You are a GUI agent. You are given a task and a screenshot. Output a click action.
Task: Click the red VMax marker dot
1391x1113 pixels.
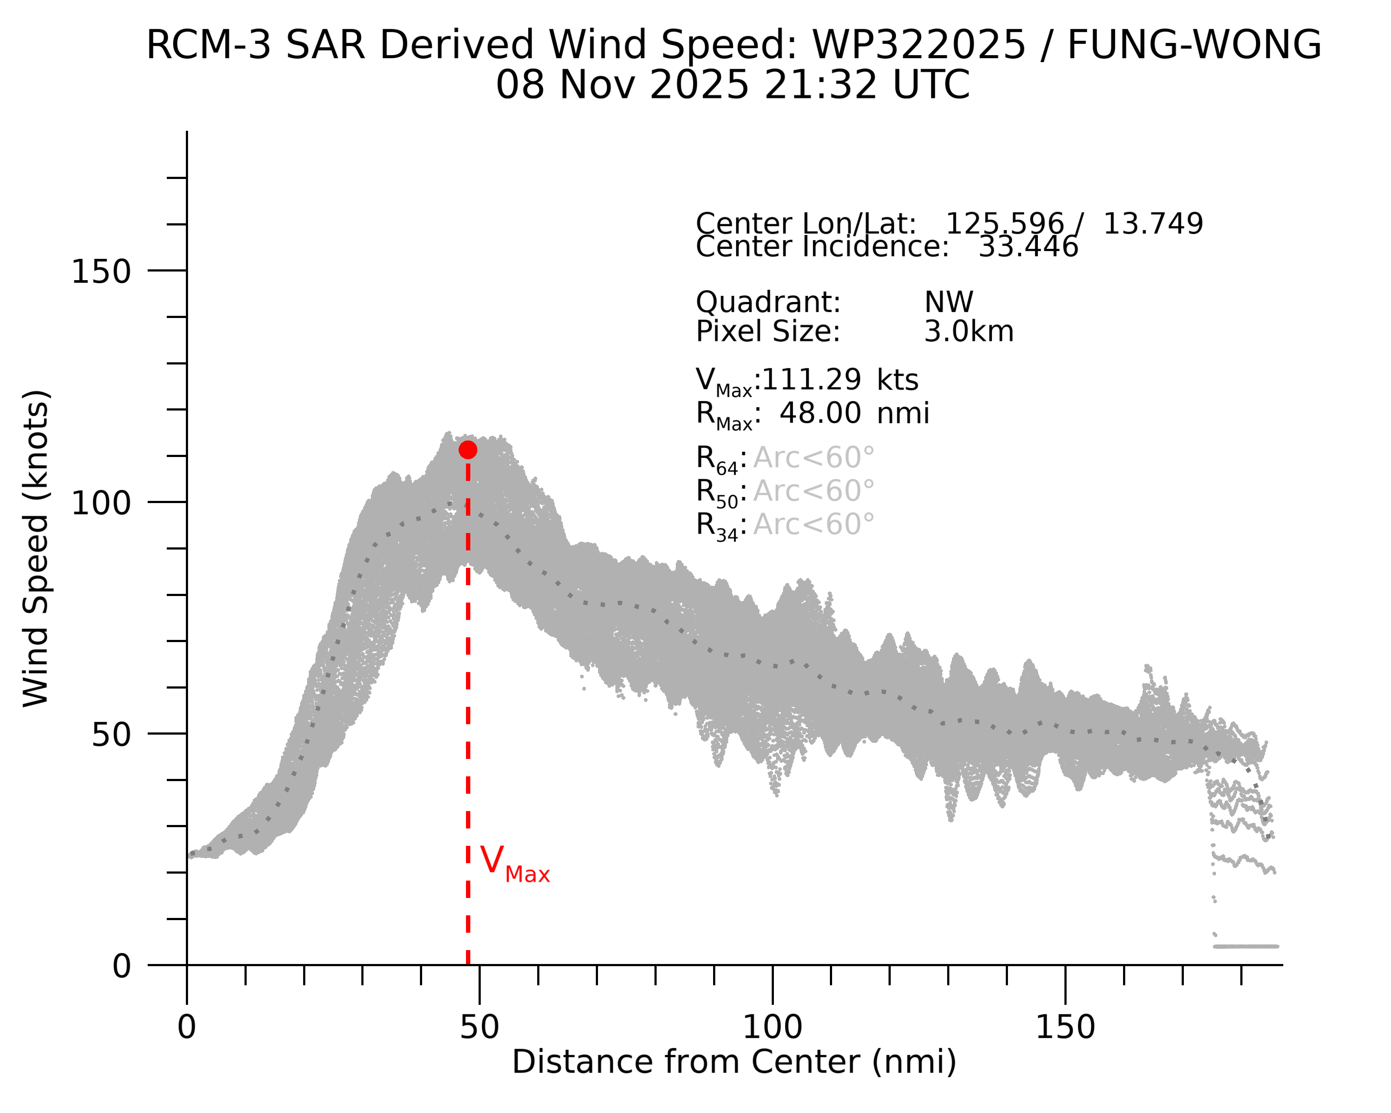(x=468, y=450)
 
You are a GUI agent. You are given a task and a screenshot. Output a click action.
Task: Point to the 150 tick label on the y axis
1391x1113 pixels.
(x=101, y=271)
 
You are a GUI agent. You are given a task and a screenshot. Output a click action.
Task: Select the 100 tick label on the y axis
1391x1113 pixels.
(x=101, y=503)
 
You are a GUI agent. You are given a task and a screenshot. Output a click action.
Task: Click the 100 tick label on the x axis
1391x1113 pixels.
(x=772, y=1027)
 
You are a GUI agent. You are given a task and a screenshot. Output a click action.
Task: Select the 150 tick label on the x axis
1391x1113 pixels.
(x=1065, y=1027)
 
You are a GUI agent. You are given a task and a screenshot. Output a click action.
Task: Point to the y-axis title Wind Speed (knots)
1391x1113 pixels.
(x=36, y=548)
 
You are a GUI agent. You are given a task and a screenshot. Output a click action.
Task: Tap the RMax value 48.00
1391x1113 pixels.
(x=819, y=413)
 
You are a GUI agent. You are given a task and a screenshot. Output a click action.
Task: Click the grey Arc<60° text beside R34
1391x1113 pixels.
(x=813, y=524)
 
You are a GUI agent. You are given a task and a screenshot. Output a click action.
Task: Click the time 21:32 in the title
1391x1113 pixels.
(x=821, y=85)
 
